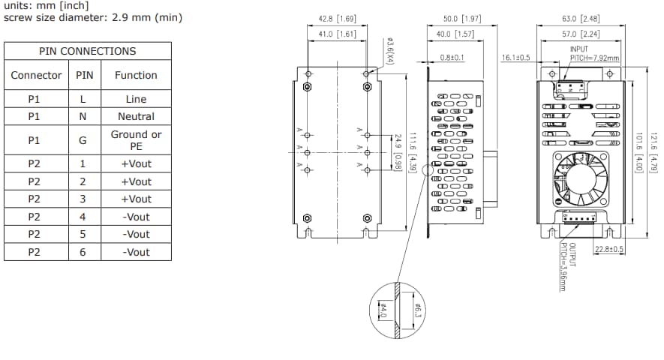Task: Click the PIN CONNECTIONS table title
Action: coord(88,51)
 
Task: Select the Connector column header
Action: coord(36,75)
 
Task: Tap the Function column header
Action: coord(136,75)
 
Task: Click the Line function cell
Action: coord(136,99)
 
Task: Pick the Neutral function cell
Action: coord(136,116)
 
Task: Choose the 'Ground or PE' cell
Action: coord(136,140)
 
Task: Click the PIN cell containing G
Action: coord(83,140)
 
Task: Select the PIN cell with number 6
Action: coord(83,252)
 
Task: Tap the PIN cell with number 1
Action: coord(83,163)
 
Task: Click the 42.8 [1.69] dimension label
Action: coord(336,17)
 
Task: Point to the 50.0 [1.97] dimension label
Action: coord(461,17)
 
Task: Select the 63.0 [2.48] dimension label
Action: coord(579,17)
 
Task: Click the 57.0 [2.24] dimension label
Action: coord(579,34)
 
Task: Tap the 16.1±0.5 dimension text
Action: coord(516,57)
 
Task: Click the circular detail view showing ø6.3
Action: coord(398,310)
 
